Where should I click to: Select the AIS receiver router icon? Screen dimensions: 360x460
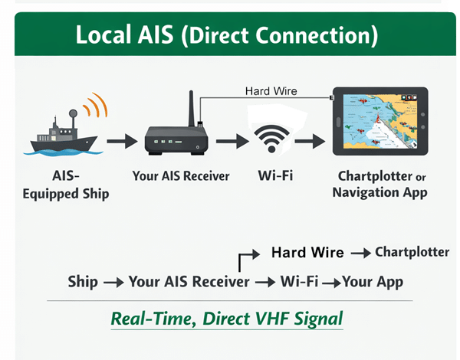point(177,141)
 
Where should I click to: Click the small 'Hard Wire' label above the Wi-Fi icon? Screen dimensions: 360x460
point(271,91)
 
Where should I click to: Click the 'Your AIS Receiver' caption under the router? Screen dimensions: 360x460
point(181,176)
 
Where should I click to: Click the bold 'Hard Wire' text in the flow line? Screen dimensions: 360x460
point(307,253)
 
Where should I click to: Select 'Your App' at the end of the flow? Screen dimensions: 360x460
point(373,282)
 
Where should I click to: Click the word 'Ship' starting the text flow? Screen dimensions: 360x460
point(83,282)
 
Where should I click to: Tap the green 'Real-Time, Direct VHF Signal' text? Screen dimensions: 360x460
point(226,318)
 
